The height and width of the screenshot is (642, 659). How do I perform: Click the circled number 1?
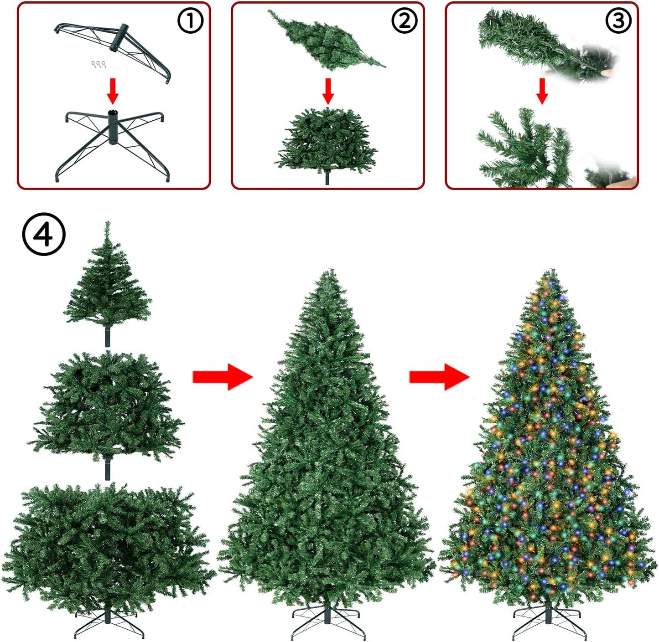190,21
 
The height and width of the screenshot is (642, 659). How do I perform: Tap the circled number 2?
405,21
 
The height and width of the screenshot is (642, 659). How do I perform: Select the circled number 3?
618,21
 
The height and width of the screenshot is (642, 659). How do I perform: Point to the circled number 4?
44,234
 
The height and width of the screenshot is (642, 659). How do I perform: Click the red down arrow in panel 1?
113,91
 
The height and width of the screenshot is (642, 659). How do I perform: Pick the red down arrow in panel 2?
327,91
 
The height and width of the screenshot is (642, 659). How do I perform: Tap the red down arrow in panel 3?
542,91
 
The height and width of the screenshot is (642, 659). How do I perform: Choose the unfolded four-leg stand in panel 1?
115,145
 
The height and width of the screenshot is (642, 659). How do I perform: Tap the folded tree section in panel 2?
327,40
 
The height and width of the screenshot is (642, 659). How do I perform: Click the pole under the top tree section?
107,337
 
